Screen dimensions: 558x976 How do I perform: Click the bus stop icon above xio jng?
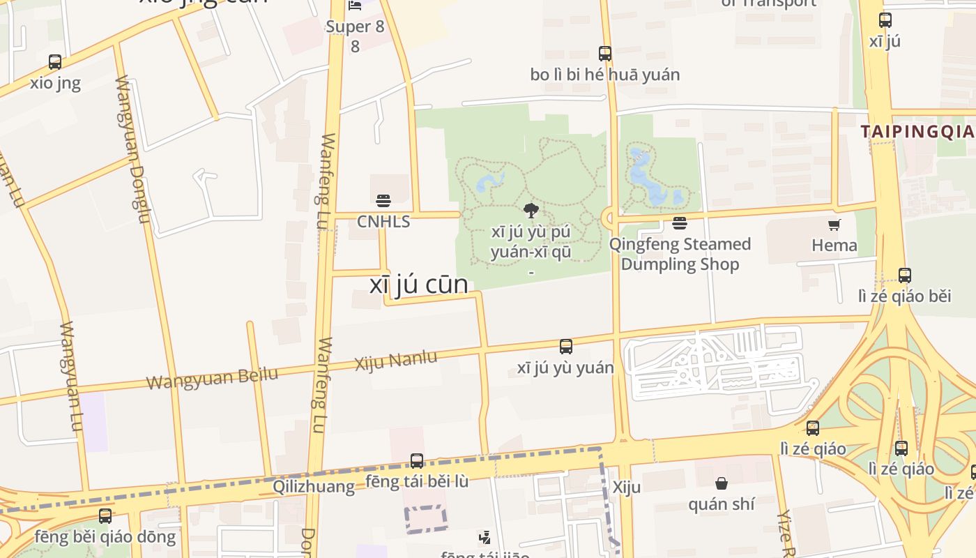[55, 61]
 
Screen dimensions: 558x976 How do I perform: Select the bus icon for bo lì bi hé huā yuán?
[605, 53]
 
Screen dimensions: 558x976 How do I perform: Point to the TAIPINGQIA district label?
[916, 131]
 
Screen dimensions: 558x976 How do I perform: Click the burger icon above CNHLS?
[383, 201]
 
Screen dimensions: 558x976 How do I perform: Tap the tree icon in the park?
[531, 210]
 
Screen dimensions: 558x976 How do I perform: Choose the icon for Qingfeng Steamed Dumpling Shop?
[680, 223]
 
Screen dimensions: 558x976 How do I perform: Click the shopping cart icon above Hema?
[834, 225]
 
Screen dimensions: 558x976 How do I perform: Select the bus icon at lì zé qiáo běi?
[904, 275]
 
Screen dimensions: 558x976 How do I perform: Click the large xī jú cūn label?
[418, 285]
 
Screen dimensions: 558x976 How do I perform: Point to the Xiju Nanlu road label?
[396, 361]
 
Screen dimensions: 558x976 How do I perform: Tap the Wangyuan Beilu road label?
[212, 377]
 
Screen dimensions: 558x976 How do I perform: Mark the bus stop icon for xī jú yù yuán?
[566, 346]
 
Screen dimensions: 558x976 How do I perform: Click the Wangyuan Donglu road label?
[132, 150]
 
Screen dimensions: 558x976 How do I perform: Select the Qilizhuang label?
[313, 486]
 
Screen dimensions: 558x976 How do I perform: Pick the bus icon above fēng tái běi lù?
[417, 460]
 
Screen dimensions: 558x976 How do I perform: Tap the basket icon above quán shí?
[722, 483]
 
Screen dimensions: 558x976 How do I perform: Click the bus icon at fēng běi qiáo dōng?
[105, 516]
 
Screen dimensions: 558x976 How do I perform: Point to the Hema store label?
[834, 245]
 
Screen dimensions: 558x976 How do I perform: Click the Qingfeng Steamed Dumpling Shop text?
[680, 254]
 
